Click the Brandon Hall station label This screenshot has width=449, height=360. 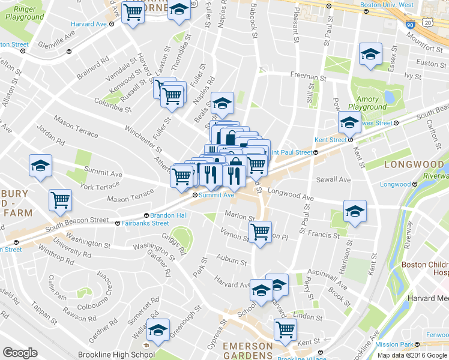[165, 215]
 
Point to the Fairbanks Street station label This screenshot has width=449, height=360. [143, 223]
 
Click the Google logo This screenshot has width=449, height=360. [20, 353]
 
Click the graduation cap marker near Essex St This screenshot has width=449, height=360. [370, 54]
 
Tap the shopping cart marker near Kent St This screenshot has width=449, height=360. [285, 328]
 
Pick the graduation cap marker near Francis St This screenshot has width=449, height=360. [354, 211]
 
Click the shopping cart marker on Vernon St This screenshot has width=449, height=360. [260, 231]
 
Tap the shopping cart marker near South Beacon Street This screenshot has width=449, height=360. [61, 200]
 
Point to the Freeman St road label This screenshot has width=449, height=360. [308, 76]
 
